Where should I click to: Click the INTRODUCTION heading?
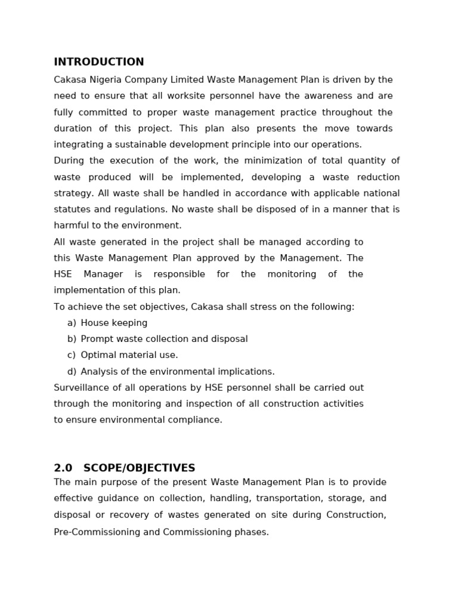click(x=99, y=62)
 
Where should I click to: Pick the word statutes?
click(x=71, y=209)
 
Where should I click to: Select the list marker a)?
click(x=72, y=323)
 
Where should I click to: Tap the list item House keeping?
click(x=114, y=323)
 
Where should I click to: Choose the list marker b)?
click(x=72, y=339)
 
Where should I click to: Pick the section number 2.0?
click(x=63, y=468)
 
